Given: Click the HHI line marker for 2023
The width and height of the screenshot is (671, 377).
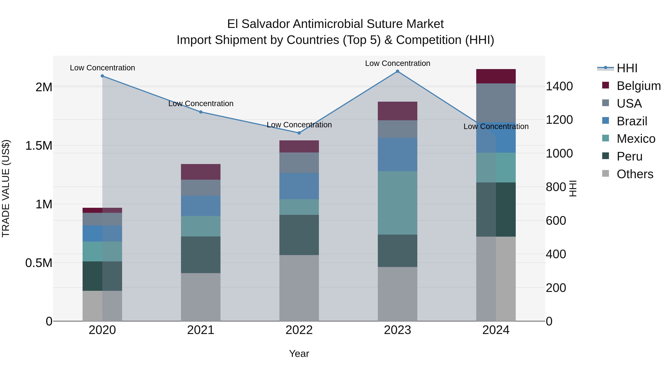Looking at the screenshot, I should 398,71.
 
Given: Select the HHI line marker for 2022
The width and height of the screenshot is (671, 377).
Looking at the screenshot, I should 299,133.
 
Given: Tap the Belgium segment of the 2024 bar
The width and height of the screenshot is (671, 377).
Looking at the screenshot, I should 496,76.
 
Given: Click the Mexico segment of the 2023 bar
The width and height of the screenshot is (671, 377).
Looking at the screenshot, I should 398,203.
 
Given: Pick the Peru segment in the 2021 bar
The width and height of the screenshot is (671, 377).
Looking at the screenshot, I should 201,254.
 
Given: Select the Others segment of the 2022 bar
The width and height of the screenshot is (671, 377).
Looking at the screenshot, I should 299,288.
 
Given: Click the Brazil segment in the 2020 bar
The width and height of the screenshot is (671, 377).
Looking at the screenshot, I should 102,233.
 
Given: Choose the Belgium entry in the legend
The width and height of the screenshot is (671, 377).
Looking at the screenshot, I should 638,86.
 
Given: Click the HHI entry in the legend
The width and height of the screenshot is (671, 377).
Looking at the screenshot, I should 627,68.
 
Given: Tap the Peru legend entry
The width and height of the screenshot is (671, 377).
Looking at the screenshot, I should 629,156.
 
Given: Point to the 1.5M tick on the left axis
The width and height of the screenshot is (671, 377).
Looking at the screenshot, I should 39,146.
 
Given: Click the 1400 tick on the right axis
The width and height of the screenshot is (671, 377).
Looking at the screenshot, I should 559,86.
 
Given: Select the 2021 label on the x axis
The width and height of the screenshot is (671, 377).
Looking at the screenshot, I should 201,330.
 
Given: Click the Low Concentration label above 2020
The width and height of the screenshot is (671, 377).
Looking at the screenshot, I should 102,68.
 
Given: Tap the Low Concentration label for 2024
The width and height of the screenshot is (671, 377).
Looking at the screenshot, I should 496,126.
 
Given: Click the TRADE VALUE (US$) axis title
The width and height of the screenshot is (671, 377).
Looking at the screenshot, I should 6,188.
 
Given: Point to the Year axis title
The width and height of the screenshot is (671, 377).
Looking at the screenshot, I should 299,354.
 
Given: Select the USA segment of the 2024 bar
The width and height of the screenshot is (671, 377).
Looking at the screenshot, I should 496,103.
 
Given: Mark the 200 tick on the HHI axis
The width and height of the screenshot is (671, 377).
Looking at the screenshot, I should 556,288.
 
